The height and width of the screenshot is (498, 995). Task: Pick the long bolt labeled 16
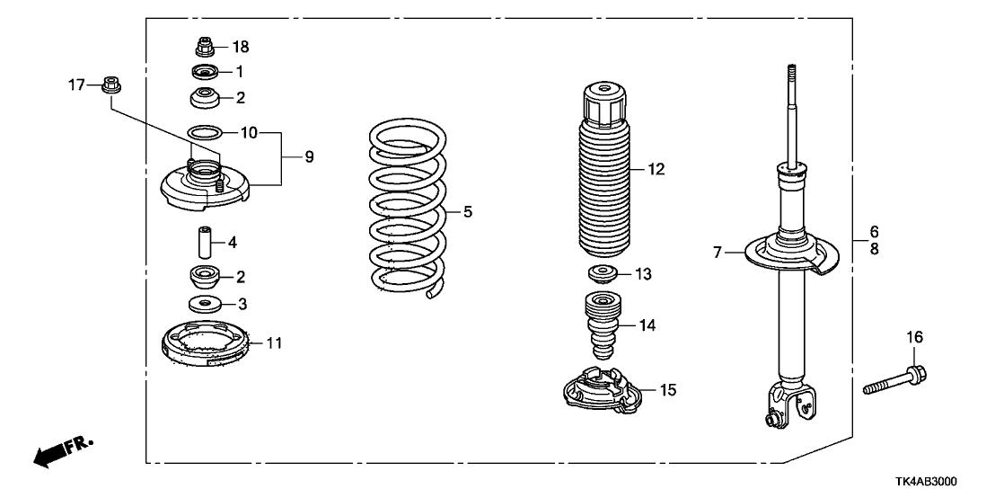coord(894,378)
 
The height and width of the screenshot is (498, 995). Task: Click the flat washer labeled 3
coord(205,302)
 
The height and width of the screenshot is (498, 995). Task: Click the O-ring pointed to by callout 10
coord(206,133)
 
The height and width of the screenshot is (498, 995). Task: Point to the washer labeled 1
coord(205,71)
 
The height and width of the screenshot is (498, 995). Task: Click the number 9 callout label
coord(308,157)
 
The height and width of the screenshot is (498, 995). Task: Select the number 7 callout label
coord(718,254)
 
